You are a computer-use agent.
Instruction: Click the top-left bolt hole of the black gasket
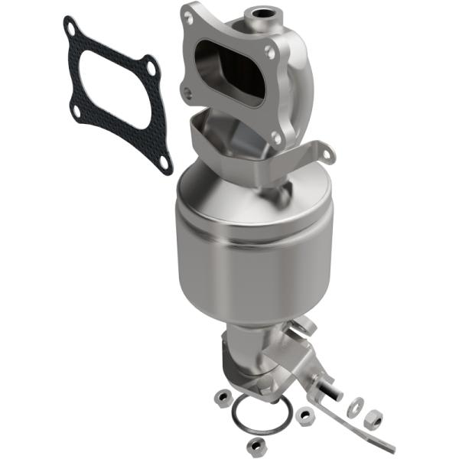70,27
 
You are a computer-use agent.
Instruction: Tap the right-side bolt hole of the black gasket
151,70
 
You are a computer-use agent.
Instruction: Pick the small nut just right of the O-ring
306,415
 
